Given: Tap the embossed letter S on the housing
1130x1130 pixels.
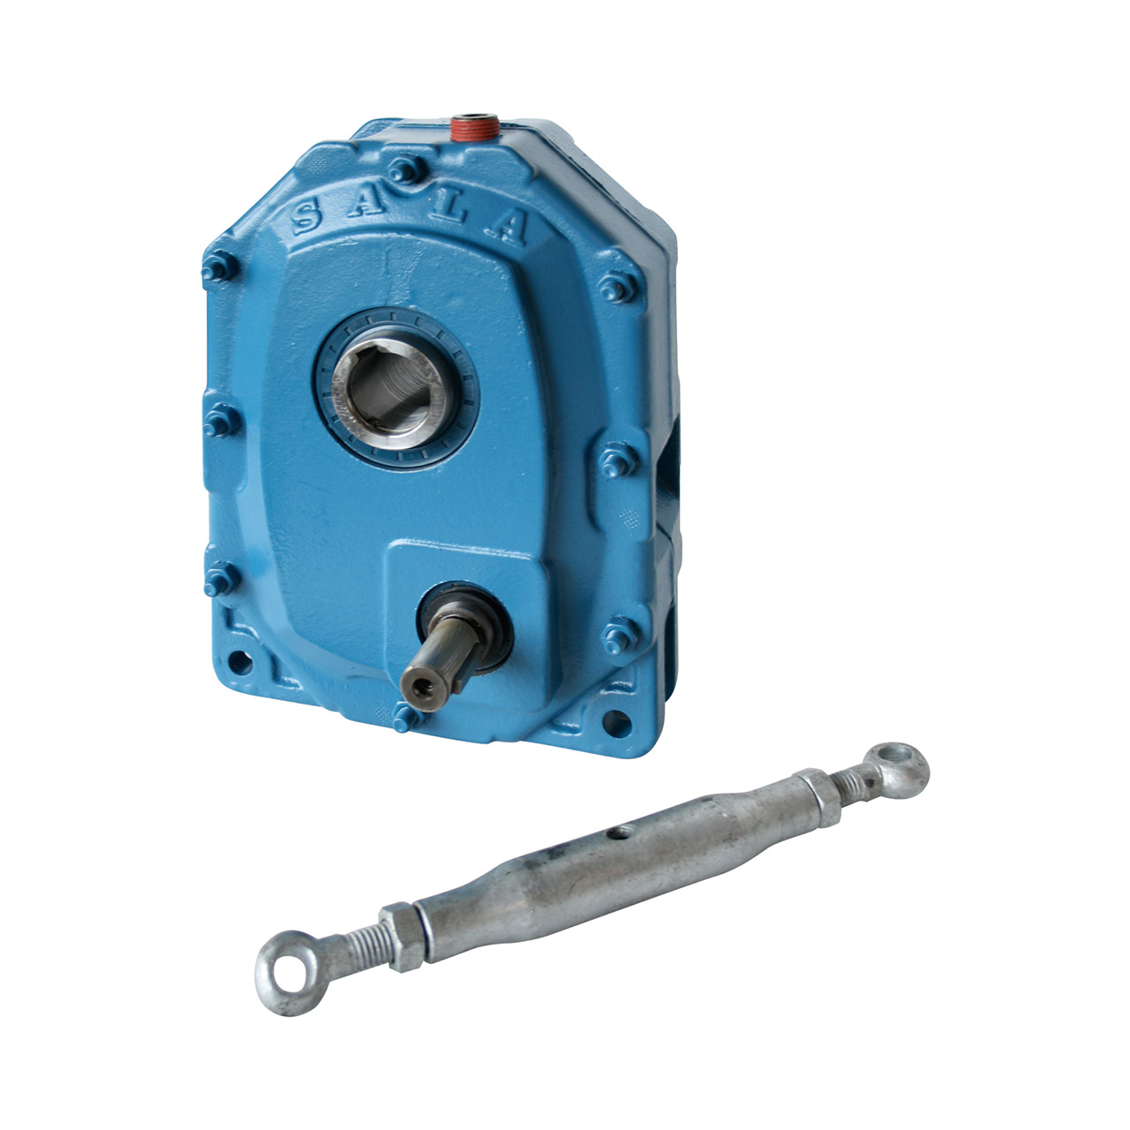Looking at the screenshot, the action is (307, 215).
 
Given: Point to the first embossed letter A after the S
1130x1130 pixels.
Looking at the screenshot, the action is (367, 202).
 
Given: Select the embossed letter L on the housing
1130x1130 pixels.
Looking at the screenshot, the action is (448, 207).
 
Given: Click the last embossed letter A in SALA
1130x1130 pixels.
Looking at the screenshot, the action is (507, 226).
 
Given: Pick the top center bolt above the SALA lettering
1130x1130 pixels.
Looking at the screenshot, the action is (406, 169).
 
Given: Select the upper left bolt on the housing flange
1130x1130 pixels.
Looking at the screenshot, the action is (220, 267).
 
